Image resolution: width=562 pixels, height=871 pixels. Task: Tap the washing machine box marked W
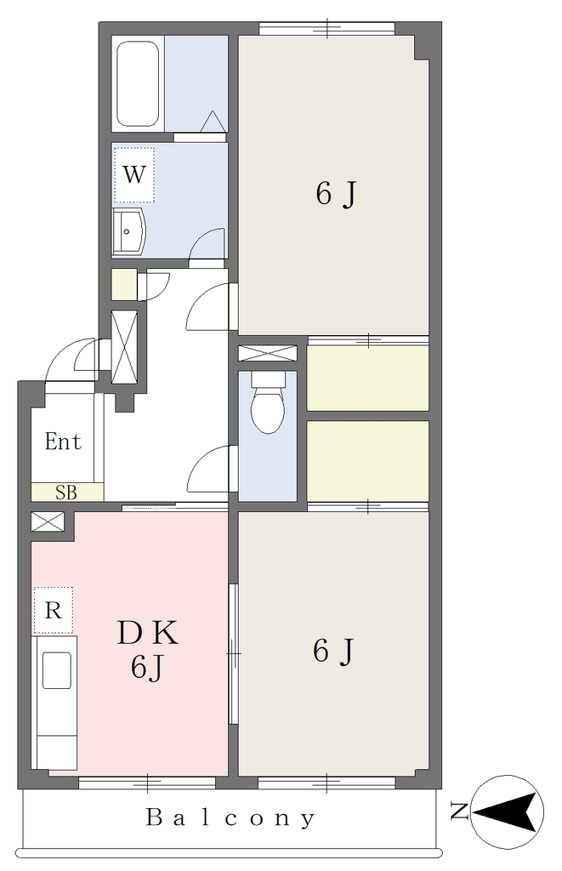coord(133,175)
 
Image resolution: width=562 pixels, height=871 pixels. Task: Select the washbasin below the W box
coord(129,232)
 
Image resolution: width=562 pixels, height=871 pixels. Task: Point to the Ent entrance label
coord(63,441)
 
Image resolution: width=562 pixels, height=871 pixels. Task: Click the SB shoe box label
coord(65,492)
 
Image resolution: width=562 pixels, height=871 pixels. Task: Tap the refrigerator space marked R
coord(53,610)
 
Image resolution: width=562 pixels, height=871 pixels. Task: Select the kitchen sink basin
coord(57,670)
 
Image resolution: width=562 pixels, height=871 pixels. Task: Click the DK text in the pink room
coord(148,633)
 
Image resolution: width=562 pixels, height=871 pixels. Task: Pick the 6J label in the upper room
coord(335,194)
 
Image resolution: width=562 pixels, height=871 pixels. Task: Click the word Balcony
coord(230,817)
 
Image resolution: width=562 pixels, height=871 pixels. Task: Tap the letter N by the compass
coord(459,811)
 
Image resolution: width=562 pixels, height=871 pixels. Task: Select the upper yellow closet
coord(367,379)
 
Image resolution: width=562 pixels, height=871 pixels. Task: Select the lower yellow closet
coord(367,461)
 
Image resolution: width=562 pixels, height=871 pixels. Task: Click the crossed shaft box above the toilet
coord(267,353)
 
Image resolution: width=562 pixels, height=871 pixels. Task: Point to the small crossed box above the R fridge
coord(48,521)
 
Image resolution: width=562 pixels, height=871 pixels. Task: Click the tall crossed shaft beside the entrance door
coord(124,347)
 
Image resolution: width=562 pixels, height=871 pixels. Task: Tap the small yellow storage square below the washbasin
coord(124,284)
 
